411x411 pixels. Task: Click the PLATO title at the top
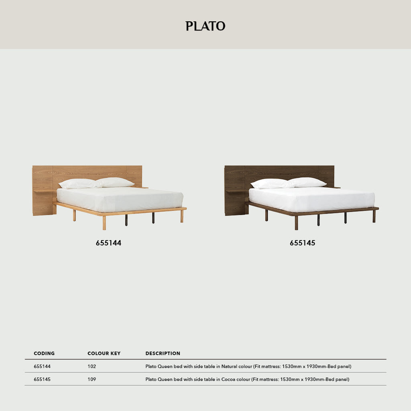pos(205,26)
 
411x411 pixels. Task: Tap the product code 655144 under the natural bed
pos(108,243)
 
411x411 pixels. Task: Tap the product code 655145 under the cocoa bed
pos(302,243)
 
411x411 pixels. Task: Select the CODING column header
pos(44,354)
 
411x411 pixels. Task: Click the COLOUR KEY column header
pos(104,354)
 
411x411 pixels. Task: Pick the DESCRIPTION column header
pos(163,354)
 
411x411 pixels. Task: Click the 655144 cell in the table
pos(42,366)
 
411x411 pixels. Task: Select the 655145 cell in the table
pos(42,379)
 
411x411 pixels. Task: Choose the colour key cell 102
pos(92,366)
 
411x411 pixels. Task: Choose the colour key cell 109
pos(92,379)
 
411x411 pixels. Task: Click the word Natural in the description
pos(230,366)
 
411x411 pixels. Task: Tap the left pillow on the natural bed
pos(78,184)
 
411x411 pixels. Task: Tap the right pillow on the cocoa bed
pos(307,182)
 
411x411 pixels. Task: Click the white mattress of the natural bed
pos(120,199)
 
